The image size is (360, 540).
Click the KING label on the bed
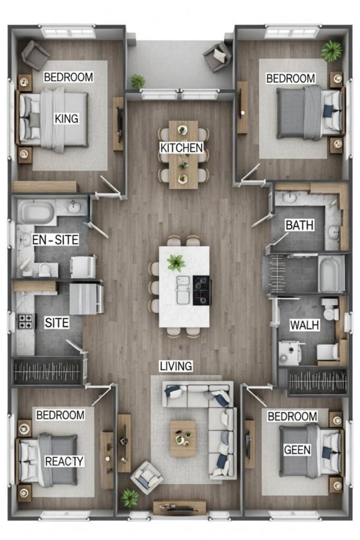tap(66, 119)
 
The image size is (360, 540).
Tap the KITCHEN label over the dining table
tap(182, 148)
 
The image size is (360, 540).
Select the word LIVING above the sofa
tap(176, 366)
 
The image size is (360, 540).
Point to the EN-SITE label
tap(55, 240)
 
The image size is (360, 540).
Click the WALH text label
tap(305, 325)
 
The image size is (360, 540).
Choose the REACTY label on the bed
tap(64, 461)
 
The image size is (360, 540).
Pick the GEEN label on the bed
tap(297, 450)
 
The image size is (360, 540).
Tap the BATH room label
tap(299, 225)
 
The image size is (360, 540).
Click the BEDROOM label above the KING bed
tap(69, 77)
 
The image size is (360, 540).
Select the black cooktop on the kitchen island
tap(202, 291)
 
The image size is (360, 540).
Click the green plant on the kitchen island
tap(176, 263)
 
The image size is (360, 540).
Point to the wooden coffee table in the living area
tap(183, 438)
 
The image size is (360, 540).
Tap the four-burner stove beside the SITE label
tap(26, 321)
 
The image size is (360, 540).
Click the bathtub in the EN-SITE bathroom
tap(36, 213)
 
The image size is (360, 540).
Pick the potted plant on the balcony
tap(138, 81)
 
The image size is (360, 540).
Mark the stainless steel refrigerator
tap(86, 298)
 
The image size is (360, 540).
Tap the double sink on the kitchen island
tap(183, 290)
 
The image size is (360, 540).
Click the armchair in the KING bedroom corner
tap(35, 55)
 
